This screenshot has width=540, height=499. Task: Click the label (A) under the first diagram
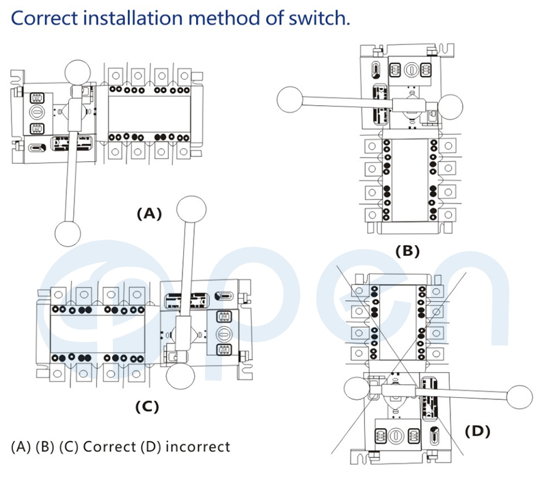[148, 214]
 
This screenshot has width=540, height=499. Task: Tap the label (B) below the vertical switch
[407, 251]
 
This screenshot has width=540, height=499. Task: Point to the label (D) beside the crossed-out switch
[477, 431]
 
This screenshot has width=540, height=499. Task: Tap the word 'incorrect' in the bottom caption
[197, 447]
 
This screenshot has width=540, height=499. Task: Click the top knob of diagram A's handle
[79, 72]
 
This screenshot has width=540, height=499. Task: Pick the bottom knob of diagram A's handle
[67, 233]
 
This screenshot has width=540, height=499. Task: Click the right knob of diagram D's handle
[519, 397]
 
